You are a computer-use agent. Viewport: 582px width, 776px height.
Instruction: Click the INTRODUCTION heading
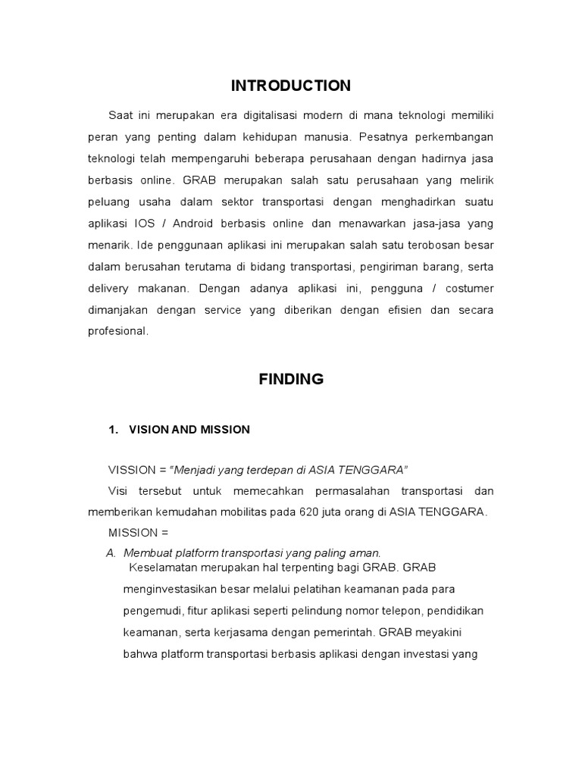click(x=291, y=86)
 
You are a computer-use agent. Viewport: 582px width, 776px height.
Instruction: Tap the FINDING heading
click(x=291, y=380)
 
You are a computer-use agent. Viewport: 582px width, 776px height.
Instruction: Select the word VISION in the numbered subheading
click(x=149, y=430)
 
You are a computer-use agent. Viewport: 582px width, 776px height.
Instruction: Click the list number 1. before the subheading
click(x=114, y=430)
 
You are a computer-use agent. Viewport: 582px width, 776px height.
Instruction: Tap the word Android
click(x=193, y=224)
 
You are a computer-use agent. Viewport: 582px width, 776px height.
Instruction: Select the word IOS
click(x=146, y=224)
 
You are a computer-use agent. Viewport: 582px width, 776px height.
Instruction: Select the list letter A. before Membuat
click(x=111, y=553)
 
